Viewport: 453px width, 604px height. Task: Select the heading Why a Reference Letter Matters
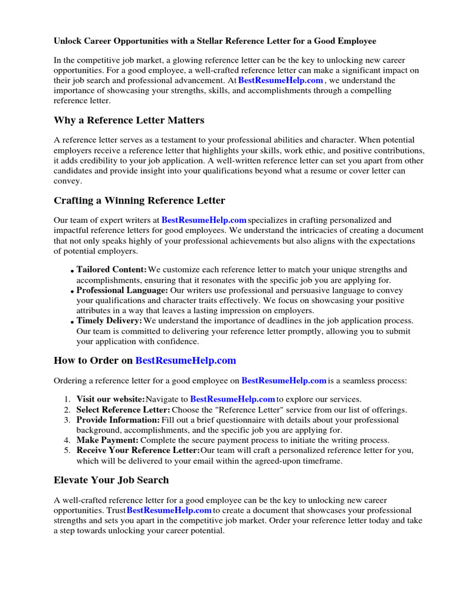[129, 120]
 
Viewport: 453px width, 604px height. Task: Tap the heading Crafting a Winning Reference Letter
[139, 201]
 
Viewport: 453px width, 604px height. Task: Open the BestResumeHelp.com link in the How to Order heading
[186, 360]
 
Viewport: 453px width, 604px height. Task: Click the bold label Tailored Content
[111, 270]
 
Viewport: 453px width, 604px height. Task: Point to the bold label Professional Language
[122, 290]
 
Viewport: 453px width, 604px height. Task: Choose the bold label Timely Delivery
[109, 320]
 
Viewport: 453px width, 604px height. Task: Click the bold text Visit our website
[110, 399]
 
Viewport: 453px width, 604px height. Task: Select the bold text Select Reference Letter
[123, 409]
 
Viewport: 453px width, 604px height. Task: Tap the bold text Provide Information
[118, 420]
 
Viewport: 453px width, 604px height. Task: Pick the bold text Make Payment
[107, 440]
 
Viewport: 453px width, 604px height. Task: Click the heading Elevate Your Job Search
[111, 480]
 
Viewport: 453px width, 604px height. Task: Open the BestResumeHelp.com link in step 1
[232, 399]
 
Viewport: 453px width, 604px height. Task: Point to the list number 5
[67, 451]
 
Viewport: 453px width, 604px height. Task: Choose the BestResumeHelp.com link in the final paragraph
[169, 510]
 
